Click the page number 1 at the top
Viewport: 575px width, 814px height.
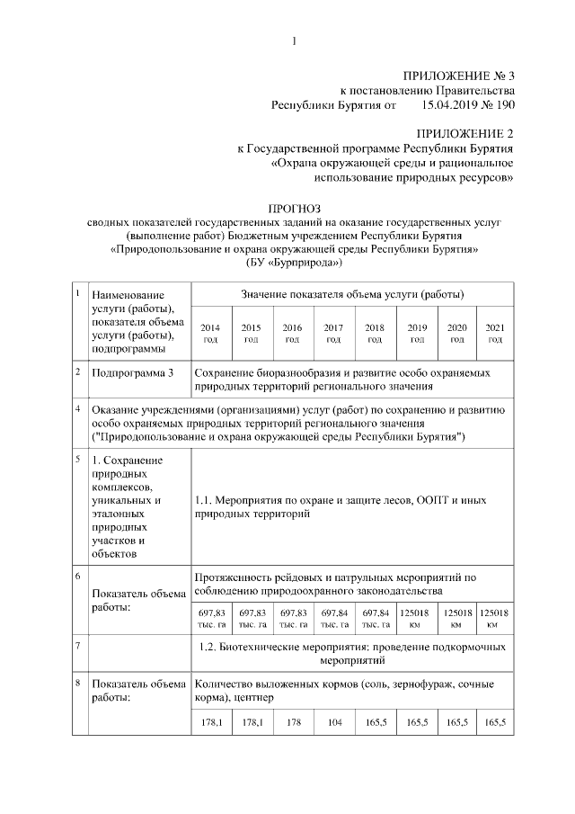[x=293, y=39]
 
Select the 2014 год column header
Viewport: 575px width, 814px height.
[x=209, y=333]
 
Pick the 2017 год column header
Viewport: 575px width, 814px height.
[x=333, y=333]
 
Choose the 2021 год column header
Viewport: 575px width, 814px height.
[x=494, y=333]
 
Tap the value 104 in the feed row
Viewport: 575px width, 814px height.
[x=333, y=722]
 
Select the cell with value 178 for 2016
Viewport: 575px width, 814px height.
[x=292, y=722]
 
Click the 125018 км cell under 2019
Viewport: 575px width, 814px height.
[x=416, y=618]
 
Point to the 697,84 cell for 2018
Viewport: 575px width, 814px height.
[x=375, y=618]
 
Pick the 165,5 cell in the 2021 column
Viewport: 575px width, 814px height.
[x=494, y=722]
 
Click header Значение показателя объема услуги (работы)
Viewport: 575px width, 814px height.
[x=352, y=294]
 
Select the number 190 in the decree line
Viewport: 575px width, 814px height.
[x=500, y=104]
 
